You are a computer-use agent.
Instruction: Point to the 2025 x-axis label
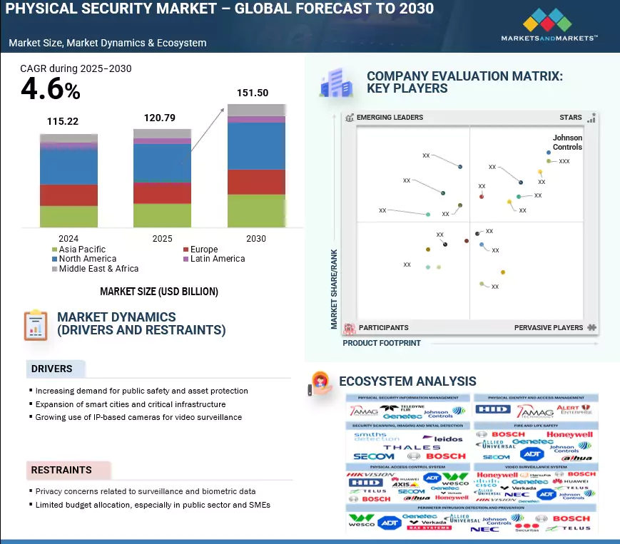click(x=162, y=239)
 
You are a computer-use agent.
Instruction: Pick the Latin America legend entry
click(x=217, y=259)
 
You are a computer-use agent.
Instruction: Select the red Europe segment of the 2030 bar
click(x=256, y=182)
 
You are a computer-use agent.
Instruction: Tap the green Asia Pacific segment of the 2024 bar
click(x=68, y=216)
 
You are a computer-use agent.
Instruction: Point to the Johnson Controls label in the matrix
click(x=567, y=143)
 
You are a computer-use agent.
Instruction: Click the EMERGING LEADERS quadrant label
click(x=390, y=118)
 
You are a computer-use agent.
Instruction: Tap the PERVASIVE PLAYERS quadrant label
click(x=549, y=328)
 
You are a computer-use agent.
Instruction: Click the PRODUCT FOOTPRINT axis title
click(x=382, y=343)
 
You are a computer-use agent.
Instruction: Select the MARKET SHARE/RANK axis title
click(x=334, y=289)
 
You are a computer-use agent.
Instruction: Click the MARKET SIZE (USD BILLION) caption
click(x=159, y=292)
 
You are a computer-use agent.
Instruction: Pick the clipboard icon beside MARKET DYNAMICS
click(x=35, y=324)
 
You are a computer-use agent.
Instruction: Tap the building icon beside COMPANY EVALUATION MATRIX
click(x=333, y=83)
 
